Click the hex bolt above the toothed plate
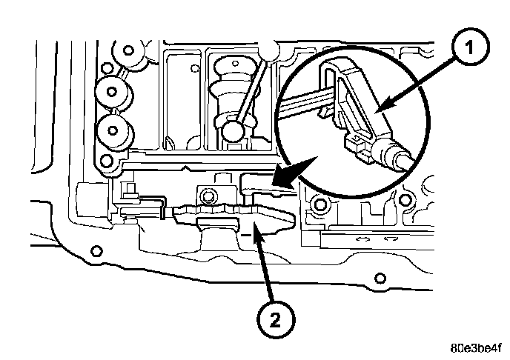pos(205,198)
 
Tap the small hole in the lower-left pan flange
pos(94,250)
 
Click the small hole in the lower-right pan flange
pos(379,278)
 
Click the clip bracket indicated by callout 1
pos(352,119)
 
